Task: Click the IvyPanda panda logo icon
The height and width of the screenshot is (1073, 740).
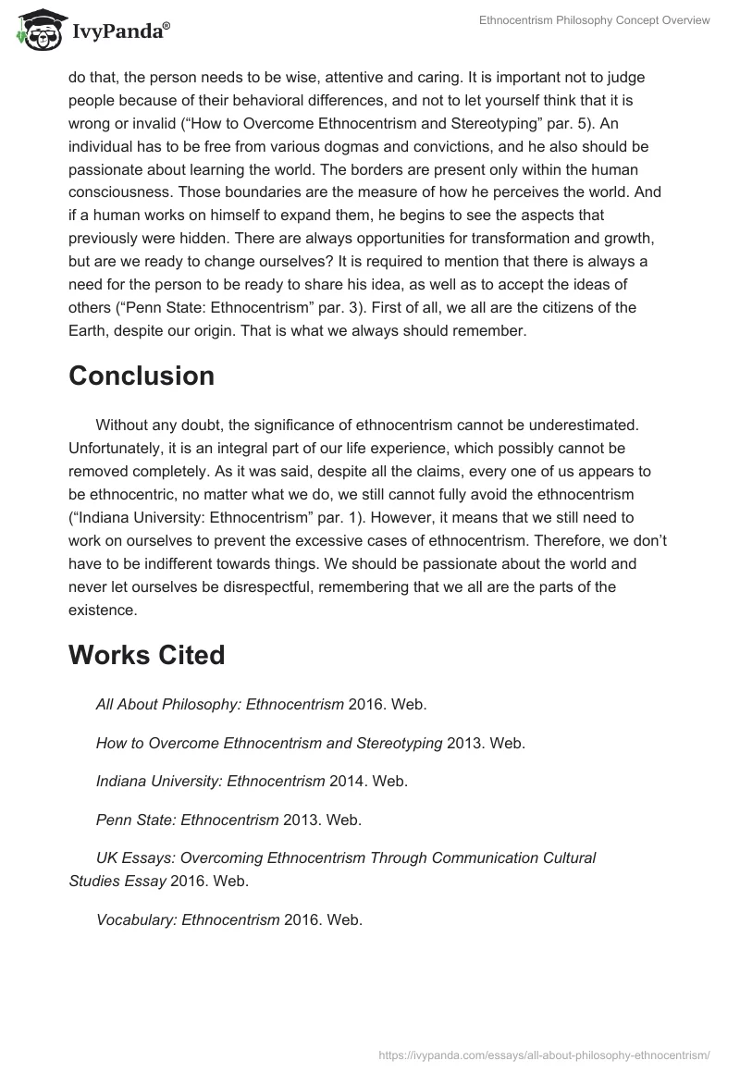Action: click(x=38, y=31)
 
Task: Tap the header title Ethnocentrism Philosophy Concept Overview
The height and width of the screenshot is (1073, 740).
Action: click(x=594, y=20)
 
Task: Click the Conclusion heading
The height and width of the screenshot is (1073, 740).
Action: click(x=142, y=376)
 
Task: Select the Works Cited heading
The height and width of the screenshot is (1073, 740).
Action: click(x=146, y=655)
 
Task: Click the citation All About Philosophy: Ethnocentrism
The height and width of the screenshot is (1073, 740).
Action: click(x=220, y=704)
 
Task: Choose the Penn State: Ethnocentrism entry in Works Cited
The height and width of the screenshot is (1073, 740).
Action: click(x=187, y=820)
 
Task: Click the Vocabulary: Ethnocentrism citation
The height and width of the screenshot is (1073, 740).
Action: click(x=188, y=919)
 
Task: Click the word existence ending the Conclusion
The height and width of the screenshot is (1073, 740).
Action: click(x=102, y=610)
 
